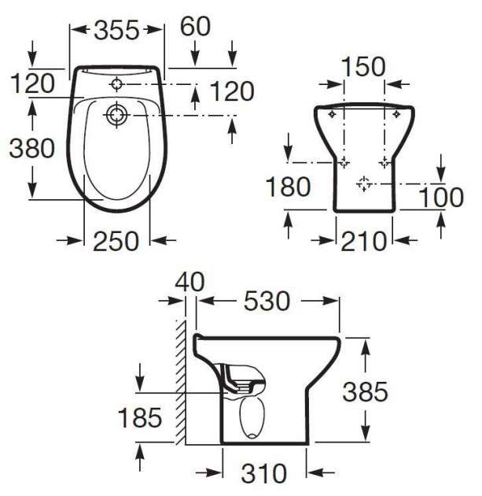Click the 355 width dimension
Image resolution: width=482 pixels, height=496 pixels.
(x=116, y=31)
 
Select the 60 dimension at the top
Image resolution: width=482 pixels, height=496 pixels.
(x=195, y=26)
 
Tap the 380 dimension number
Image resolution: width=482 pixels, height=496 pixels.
(x=32, y=148)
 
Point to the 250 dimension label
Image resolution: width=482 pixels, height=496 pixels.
(x=116, y=242)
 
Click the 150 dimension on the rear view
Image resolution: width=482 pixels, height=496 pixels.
(x=363, y=67)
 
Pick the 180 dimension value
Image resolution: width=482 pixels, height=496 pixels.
(x=289, y=187)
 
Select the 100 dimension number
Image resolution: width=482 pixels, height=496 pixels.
(x=441, y=198)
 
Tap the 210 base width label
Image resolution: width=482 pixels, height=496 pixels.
(x=363, y=242)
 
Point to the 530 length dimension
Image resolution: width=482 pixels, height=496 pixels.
(x=267, y=301)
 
